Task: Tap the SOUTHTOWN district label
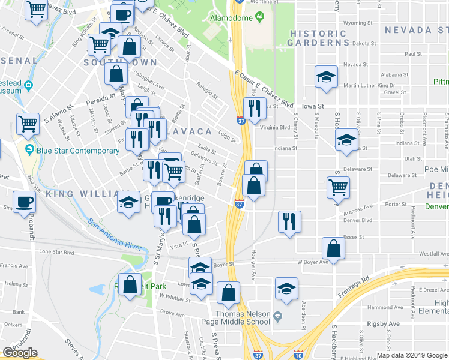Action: (120, 62)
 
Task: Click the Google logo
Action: (20, 353)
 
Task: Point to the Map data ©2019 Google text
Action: (411, 355)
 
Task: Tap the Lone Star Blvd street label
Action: (56, 253)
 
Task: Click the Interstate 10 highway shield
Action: (298, 354)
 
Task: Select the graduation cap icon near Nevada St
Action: (325, 77)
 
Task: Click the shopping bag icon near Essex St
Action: (333, 248)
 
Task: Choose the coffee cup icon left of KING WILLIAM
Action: (24, 202)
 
